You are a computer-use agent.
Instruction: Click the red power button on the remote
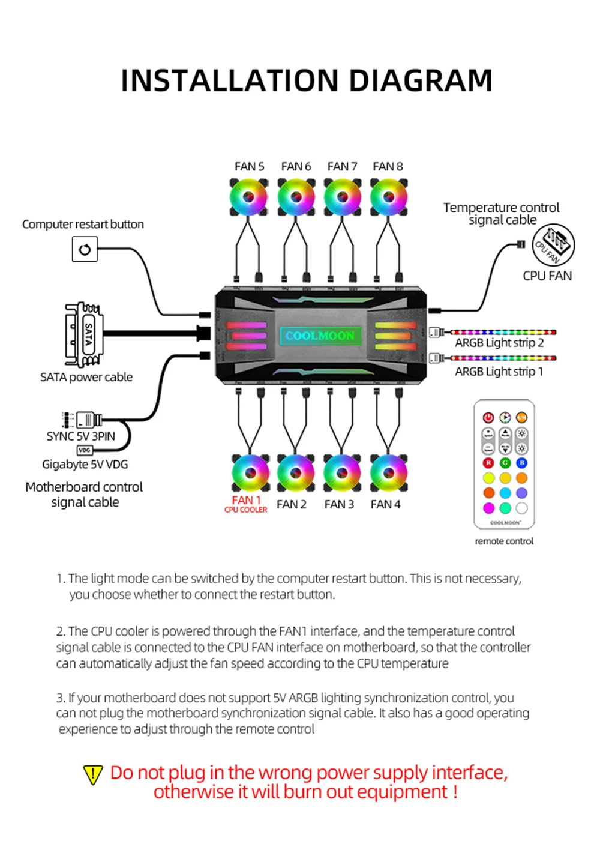488,417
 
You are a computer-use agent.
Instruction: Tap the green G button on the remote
505,463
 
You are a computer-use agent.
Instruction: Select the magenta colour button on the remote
488,508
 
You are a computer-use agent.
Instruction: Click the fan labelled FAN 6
296,197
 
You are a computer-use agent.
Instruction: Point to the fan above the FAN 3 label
342,472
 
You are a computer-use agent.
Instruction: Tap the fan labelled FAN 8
388,197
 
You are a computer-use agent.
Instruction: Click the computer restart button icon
85,249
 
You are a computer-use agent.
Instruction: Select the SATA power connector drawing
84,335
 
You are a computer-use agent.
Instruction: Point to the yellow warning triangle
93,774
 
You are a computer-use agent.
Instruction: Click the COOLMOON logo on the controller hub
320,336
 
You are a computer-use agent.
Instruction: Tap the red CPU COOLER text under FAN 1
246,510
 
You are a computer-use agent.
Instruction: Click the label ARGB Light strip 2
499,343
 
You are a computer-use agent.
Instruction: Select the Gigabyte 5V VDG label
85,464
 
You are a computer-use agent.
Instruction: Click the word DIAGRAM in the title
420,81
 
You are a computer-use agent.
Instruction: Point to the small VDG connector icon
85,450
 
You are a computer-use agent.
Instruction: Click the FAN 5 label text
249,166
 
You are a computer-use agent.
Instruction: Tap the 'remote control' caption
504,541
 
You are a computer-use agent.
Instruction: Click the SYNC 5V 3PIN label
81,436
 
